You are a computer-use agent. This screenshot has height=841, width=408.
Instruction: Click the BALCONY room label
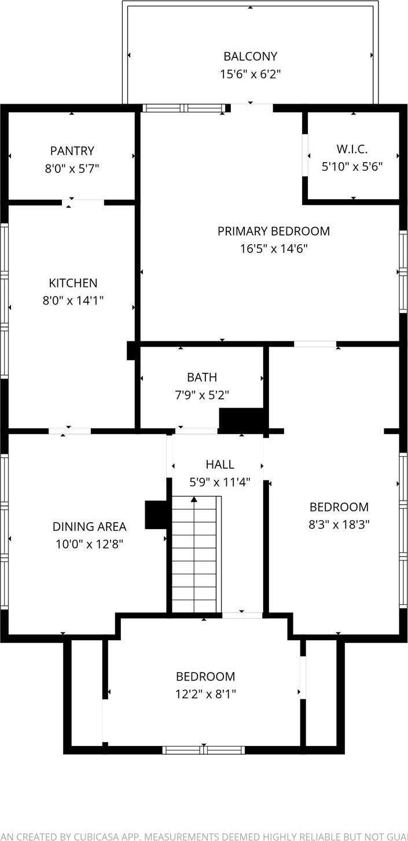tap(250, 56)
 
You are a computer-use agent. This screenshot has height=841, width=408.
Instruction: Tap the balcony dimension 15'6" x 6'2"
tap(250, 74)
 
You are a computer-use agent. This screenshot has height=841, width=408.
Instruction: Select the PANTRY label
tap(72, 151)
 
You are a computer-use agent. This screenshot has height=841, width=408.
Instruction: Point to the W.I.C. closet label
tap(352, 149)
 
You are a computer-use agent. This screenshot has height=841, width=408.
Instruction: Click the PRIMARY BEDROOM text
tap(273, 231)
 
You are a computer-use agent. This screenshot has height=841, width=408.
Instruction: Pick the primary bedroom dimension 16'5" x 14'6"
tap(273, 249)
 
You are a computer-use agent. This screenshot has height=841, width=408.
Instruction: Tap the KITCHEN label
tap(73, 283)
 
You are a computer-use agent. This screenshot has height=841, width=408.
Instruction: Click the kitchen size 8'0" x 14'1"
tap(73, 300)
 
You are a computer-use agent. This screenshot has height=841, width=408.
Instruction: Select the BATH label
tap(202, 377)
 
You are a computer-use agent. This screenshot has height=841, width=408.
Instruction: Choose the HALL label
tap(220, 464)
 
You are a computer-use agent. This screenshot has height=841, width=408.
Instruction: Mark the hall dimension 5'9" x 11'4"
tap(220, 482)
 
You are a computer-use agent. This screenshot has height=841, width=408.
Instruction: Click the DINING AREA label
tap(89, 527)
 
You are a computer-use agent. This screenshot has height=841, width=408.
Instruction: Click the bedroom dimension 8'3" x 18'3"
tap(339, 524)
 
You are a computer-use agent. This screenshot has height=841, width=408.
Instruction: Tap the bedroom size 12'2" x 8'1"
tap(205, 694)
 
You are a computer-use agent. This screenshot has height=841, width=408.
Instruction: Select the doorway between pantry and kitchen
tap(83, 203)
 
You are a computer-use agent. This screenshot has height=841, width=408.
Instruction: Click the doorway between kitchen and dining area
tap(69, 431)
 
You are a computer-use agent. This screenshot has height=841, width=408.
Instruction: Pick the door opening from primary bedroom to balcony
tap(252, 108)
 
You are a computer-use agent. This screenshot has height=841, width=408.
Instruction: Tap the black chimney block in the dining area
tap(155, 515)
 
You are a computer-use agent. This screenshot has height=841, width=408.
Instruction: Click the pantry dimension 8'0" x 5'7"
tap(72, 168)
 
